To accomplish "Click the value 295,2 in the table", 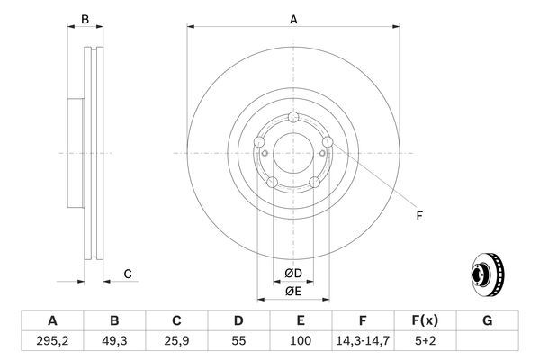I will [x=51, y=340].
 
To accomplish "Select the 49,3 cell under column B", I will [x=114, y=340].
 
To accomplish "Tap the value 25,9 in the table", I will [x=176, y=340].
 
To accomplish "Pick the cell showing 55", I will [x=238, y=340].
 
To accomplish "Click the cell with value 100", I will [x=301, y=340].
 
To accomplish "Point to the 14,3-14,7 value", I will [x=364, y=340].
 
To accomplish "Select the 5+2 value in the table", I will [x=426, y=340].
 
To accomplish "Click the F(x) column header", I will [x=426, y=319].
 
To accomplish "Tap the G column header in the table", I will [x=488, y=319].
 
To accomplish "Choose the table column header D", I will [x=238, y=319].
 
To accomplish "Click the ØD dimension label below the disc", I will [x=293, y=274].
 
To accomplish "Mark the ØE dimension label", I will [x=293, y=292].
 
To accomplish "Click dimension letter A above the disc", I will [x=293, y=19].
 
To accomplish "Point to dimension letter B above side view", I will [x=85, y=19].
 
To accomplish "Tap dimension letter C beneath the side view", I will [x=128, y=274].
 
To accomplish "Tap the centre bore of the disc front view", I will [x=293, y=153].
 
